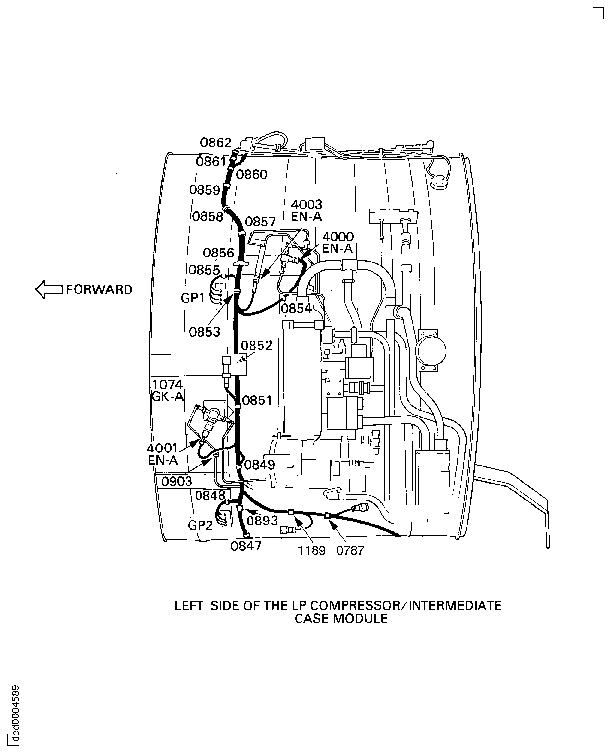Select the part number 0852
point(257,345)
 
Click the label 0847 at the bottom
point(246,546)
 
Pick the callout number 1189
point(312,550)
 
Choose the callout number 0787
point(350,550)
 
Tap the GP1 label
point(193,298)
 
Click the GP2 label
point(200,525)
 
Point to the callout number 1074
point(167,384)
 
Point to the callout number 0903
point(177,481)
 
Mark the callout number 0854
point(296,308)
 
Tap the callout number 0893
point(262,521)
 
